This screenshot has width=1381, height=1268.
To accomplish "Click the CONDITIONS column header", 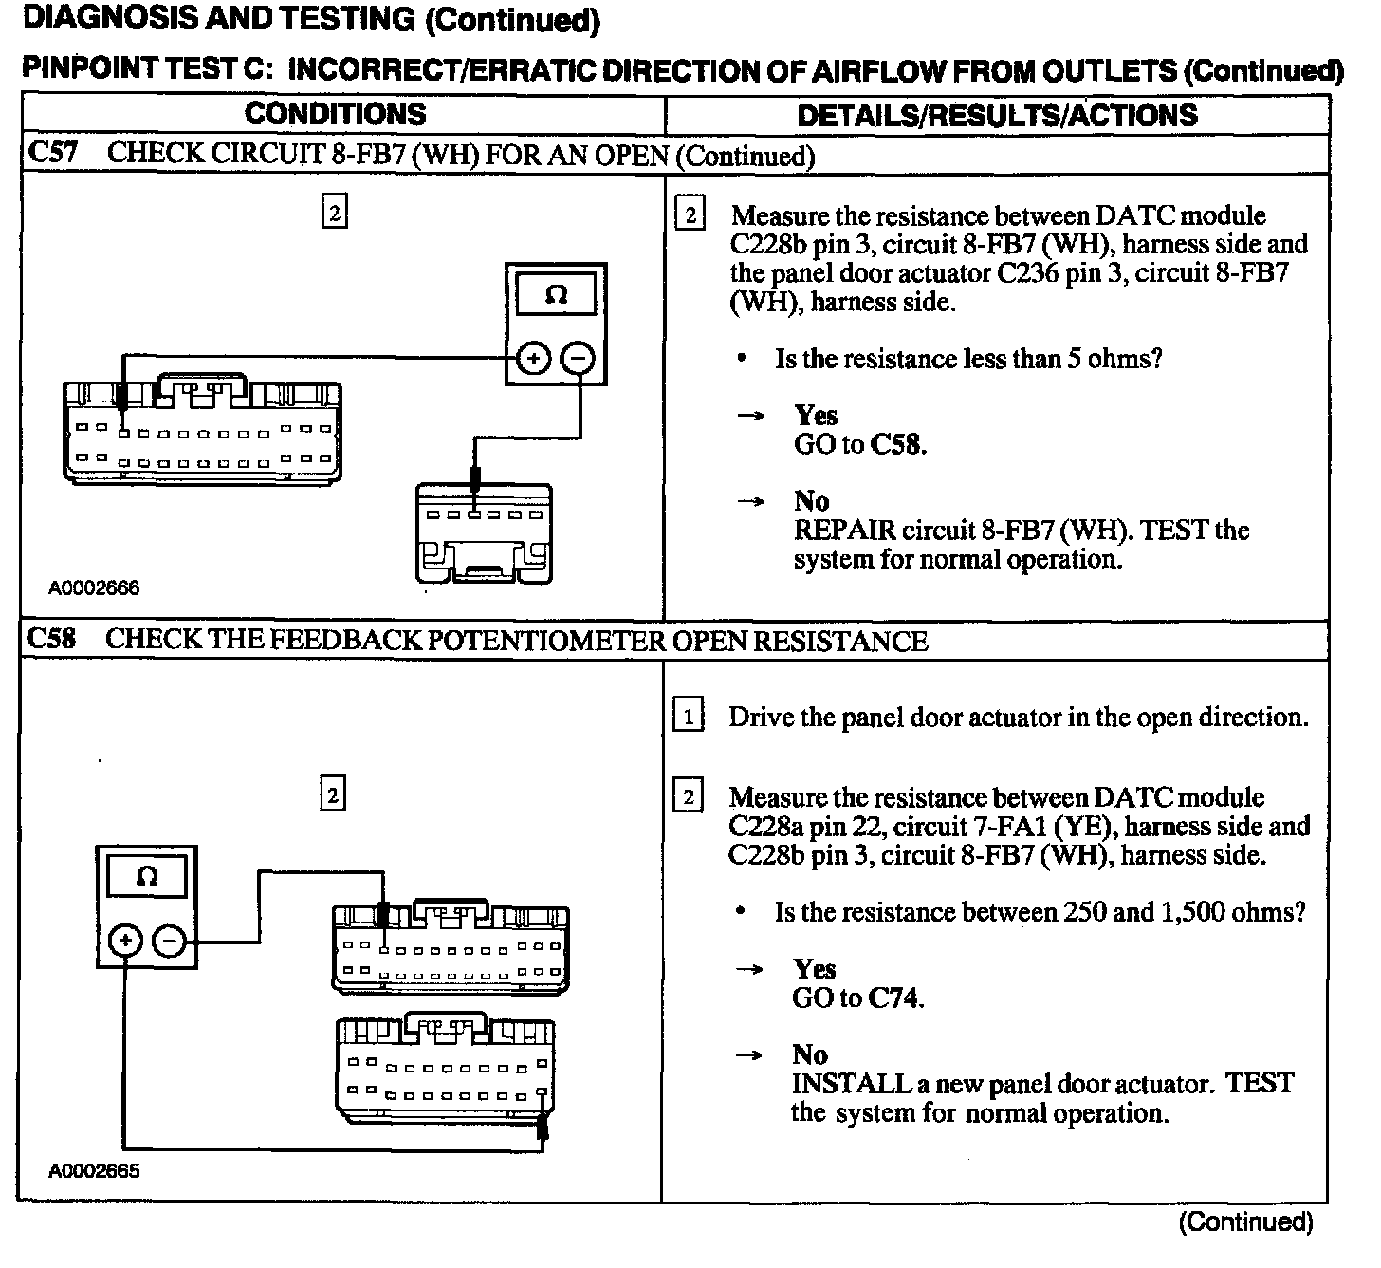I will (335, 114).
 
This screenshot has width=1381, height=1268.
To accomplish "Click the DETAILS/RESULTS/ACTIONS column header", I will (997, 115).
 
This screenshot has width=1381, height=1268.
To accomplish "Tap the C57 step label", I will (51, 154).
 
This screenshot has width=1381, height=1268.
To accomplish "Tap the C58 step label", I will (51, 639).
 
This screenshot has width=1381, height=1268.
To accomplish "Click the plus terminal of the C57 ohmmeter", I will (534, 359).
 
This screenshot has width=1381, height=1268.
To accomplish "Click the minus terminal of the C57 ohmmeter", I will (579, 359).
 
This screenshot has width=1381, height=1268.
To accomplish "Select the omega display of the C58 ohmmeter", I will (147, 875).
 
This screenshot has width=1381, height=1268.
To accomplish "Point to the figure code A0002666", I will (94, 587).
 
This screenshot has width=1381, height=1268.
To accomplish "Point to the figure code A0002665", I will (94, 1170).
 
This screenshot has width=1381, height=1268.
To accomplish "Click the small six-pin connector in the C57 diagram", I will (484, 534).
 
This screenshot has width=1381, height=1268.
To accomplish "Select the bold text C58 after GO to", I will (896, 444).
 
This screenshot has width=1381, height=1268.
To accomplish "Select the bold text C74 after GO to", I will (894, 998).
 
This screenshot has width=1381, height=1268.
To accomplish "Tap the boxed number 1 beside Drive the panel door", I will (689, 716).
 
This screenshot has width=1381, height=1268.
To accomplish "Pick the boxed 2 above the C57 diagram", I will (334, 212).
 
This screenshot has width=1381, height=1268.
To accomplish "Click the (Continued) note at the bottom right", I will (1245, 1222).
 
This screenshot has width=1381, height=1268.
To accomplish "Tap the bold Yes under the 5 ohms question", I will (816, 416).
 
